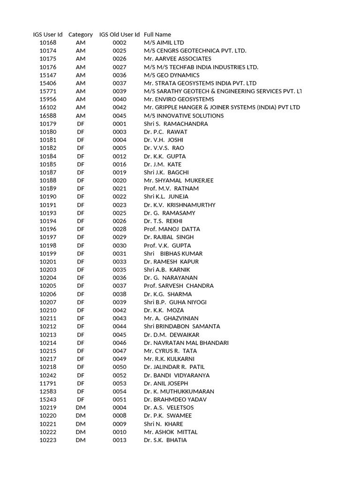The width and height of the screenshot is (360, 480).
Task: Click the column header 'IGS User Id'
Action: click(48, 34)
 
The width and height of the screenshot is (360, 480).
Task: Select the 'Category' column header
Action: click(81, 34)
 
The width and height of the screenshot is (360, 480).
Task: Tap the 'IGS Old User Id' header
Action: click(120, 34)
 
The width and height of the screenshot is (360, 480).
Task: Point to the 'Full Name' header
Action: click(157, 34)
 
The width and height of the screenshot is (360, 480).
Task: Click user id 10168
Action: click(48, 43)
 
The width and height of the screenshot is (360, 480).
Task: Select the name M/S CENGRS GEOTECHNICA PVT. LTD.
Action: click(195, 51)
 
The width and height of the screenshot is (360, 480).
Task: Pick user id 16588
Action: click(48, 116)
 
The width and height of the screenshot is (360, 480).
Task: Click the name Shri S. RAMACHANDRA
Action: click(176, 124)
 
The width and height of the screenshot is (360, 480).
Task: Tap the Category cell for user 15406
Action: click(81, 83)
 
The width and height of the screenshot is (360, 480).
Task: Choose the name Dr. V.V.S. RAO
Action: click(164, 148)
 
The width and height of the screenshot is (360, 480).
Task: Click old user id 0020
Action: click(120, 180)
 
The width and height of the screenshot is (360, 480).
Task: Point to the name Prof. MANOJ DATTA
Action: click(172, 229)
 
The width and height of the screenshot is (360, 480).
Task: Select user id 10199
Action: click(48, 254)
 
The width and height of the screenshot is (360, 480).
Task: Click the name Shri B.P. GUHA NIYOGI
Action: click(175, 302)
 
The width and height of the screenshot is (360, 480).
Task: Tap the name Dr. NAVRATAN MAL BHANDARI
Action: click(186, 343)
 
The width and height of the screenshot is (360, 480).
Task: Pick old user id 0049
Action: click(120, 359)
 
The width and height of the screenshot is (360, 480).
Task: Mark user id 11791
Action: click(48, 383)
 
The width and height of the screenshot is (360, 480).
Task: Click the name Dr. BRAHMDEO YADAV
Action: click(175, 399)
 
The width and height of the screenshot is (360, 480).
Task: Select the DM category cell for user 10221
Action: click(81, 424)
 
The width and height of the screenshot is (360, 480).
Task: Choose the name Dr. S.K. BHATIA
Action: click(165, 440)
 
